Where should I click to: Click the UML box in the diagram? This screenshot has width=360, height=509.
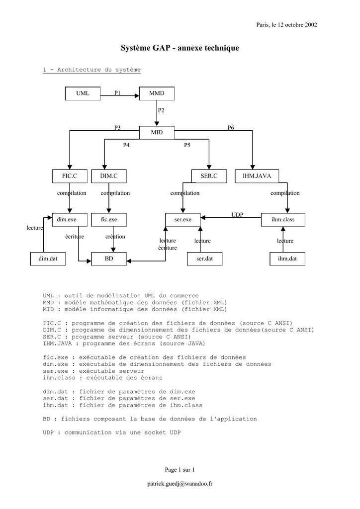(83, 93)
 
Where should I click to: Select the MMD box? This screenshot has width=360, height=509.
(157, 93)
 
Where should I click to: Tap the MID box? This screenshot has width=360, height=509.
(157, 132)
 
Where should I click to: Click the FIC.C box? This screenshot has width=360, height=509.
(69, 175)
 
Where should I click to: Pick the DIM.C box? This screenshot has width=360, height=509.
(108, 175)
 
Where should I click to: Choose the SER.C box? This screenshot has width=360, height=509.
(209, 175)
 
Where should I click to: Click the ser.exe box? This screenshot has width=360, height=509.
(183, 219)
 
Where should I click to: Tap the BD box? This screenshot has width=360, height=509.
(109, 259)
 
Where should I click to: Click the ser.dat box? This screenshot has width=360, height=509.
(204, 259)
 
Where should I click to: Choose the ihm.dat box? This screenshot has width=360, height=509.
(287, 259)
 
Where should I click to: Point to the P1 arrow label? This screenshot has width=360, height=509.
(117, 92)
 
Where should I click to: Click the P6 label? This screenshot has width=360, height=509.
(231, 128)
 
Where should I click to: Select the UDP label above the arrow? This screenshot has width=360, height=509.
(237, 214)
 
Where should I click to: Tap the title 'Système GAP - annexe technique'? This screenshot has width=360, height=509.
(180, 48)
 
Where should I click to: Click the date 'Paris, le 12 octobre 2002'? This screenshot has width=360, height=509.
(286, 24)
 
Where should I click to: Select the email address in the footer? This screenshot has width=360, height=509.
(180, 484)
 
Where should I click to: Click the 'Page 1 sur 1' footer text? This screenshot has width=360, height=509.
(180, 469)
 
